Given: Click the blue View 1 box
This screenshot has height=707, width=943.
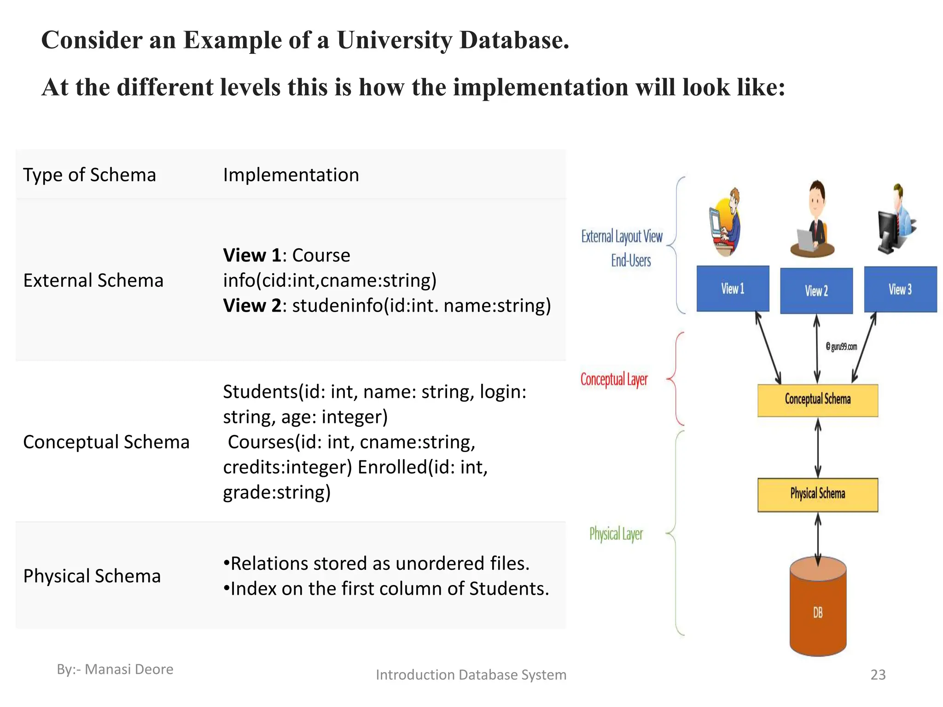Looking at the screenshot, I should coord(733,289).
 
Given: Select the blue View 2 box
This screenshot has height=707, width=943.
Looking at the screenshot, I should coord(816,290).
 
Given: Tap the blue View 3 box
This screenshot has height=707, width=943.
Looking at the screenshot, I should coord(900,289).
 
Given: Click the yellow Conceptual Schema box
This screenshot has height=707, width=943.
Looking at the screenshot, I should coord(818,400).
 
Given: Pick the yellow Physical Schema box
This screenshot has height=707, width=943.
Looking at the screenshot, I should coord(818,495).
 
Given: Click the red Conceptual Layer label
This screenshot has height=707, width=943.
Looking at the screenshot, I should coord(614,380).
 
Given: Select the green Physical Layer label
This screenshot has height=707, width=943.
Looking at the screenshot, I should coord(616,534).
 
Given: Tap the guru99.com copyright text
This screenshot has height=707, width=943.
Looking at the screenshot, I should coord(841,347).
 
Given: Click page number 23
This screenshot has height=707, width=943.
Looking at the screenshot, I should coord(878,674).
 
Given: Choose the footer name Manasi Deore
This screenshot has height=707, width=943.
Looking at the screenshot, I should coord(129,669).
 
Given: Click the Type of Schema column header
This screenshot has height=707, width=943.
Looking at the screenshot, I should coord(90,175).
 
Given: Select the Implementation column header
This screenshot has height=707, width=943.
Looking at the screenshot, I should coord(291,175).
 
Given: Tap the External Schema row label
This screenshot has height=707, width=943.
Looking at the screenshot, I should coord(93,280).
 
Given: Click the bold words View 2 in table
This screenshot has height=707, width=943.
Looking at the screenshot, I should coord(251,306).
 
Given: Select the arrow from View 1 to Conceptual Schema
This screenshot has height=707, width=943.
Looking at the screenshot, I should coord(768,348).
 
